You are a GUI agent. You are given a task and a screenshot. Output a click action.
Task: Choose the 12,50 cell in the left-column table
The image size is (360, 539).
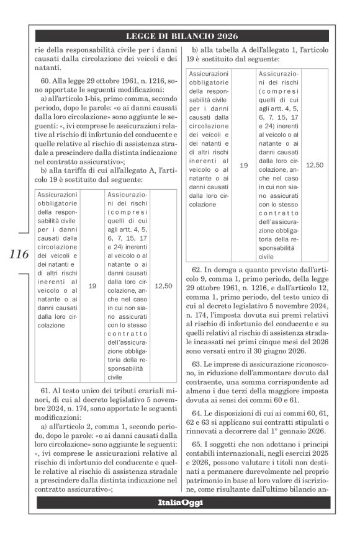[x=163, y=286]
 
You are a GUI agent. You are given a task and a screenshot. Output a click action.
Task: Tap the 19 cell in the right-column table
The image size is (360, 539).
[x=243, y=166]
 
